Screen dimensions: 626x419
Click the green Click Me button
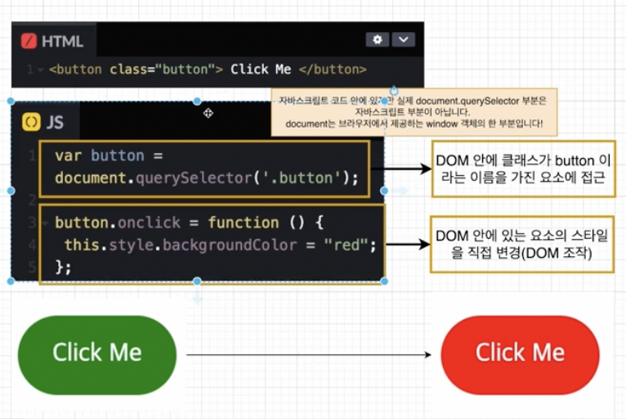point(96,354)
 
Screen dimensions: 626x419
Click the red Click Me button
point(520,354)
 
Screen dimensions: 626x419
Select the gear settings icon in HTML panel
point(377,39)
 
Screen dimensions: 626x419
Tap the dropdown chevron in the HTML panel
point(403,39)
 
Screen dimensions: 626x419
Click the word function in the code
point(243,223)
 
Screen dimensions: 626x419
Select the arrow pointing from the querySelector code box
point(406,169)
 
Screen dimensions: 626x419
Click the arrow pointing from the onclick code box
point(406,244)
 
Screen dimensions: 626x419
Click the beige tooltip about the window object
point(415,112)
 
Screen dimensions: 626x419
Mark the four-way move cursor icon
point(208,113)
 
